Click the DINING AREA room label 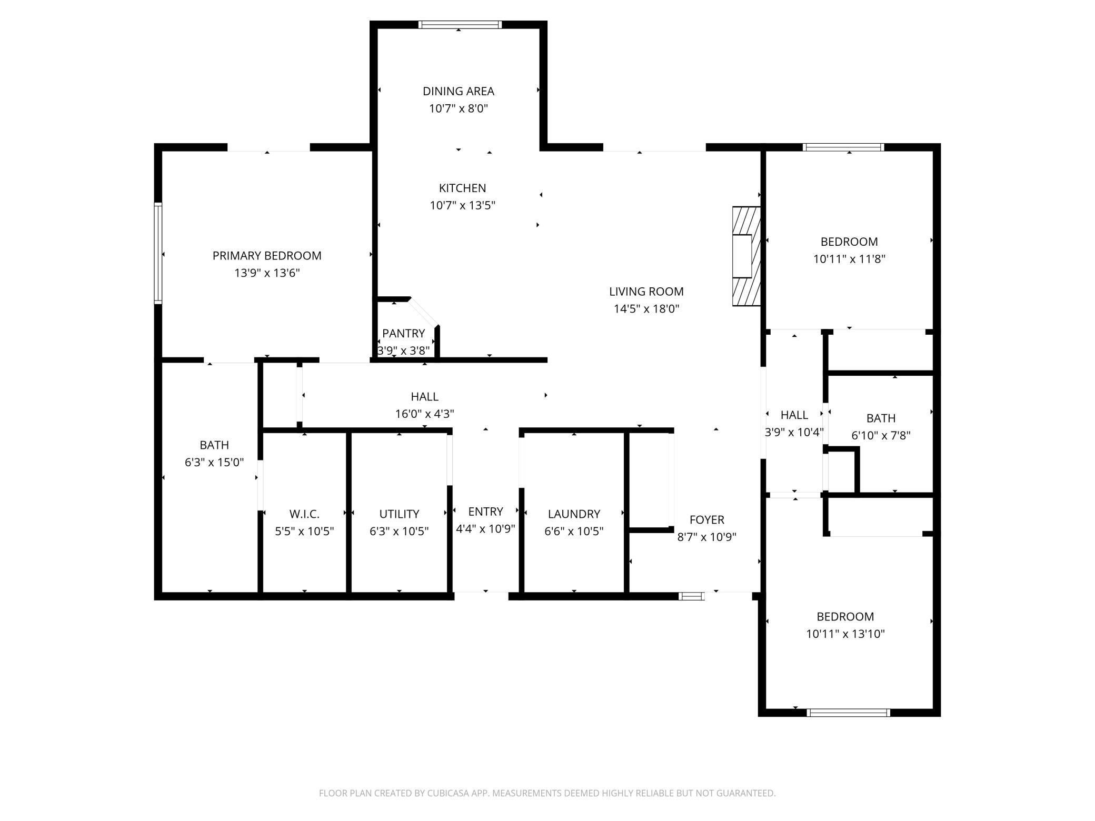coord(458,91)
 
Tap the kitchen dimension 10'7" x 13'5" coord(462,205)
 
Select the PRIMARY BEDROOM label coord(267,256)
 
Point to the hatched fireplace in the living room coord(746,256)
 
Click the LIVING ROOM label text coord(646,292)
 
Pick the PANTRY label coord(403,333)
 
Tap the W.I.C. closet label coord(304,514)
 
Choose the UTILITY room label coord(399,514)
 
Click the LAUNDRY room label coord(574,514)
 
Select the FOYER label coord(706,519)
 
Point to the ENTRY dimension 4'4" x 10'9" coord(485,528)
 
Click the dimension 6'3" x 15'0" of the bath coord(214,462)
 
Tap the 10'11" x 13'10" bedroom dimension coord(845,634)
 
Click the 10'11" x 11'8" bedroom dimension coord(849,259)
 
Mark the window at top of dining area coord(460,25)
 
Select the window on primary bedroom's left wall coord(158,253)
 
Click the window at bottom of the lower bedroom coord(848,713)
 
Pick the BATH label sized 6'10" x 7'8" coord(881,418)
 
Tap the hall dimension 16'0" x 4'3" coord(424,414)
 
